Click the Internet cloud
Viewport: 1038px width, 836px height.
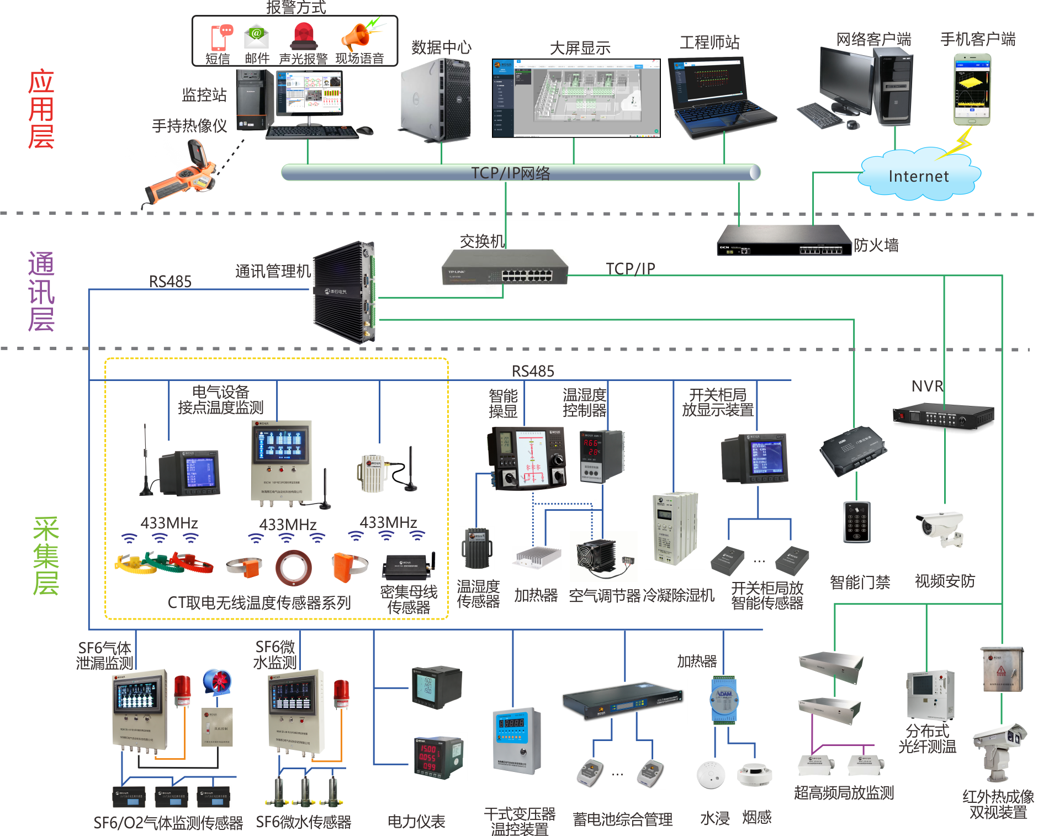(x=919, y=176)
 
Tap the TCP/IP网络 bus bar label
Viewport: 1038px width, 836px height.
(x=510, y=173)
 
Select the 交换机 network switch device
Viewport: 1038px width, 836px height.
(x=505, y=267)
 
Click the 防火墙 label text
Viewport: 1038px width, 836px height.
(x=876, y=245)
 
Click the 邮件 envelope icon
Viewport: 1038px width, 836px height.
(x=256, y=36)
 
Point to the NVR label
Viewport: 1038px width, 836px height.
(x=927, y=386)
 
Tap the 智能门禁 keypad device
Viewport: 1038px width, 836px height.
(x=857, y=522)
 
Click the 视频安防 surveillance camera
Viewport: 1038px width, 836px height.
(x=941, y=527)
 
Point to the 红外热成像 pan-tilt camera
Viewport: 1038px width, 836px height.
(x=999, y=751)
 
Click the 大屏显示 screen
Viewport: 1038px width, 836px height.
(x=576, y=98)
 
